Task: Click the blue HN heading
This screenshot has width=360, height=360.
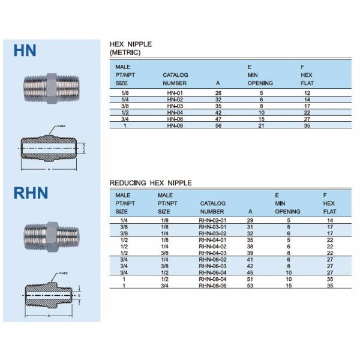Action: click(x=25, y=50)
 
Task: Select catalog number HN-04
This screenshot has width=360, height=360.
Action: click(x=175, y=112)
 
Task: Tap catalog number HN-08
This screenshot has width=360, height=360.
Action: click(x=175, y=125)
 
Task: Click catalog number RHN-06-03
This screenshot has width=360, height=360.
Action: click(x=212, y=265)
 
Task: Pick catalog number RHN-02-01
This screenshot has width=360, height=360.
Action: click(x=212, y=221)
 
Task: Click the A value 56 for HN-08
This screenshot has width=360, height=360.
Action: click(x=218, y=125)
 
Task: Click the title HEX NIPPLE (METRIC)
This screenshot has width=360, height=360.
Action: click(x=130, y=49)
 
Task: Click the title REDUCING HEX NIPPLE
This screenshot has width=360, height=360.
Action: click(x=151, y=182)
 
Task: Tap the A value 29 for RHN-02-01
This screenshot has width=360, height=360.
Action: click(x=250, y=221)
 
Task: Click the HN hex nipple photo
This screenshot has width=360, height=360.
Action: click(x=49, y=88)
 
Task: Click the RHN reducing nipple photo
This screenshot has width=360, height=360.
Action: click(x=49, y=235)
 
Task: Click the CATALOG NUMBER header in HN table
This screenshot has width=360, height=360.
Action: click(x=175, y=79)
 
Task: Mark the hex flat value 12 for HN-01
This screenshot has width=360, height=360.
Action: click(x=307, y=94)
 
